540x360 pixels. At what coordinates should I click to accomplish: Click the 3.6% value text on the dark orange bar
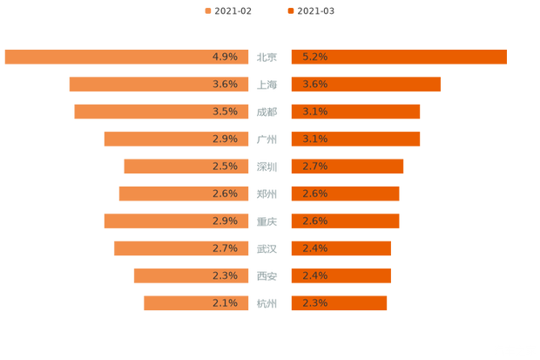pyautogui.click(x=314, y=85)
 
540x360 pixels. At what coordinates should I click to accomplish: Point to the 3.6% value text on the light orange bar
pyautogui.click(x=225, y=85)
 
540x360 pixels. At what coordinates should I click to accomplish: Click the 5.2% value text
pyautogui.click(x=314, y=57)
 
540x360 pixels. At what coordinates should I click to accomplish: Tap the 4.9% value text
pyautogui.click(x=225, y=57)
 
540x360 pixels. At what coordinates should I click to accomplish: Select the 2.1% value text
pyautogui.click(x=225, y=303)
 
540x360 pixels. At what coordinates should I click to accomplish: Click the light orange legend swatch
pyautogui.click(x=207, y=10)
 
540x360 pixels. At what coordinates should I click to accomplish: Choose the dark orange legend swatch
pyautogui.click(x=289, y=10)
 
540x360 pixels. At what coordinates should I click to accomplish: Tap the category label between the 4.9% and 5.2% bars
pyautogui.click(x=268, y=58)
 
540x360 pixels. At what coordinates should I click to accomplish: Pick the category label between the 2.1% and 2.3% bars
pyautogui.click(x=268, y=303)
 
